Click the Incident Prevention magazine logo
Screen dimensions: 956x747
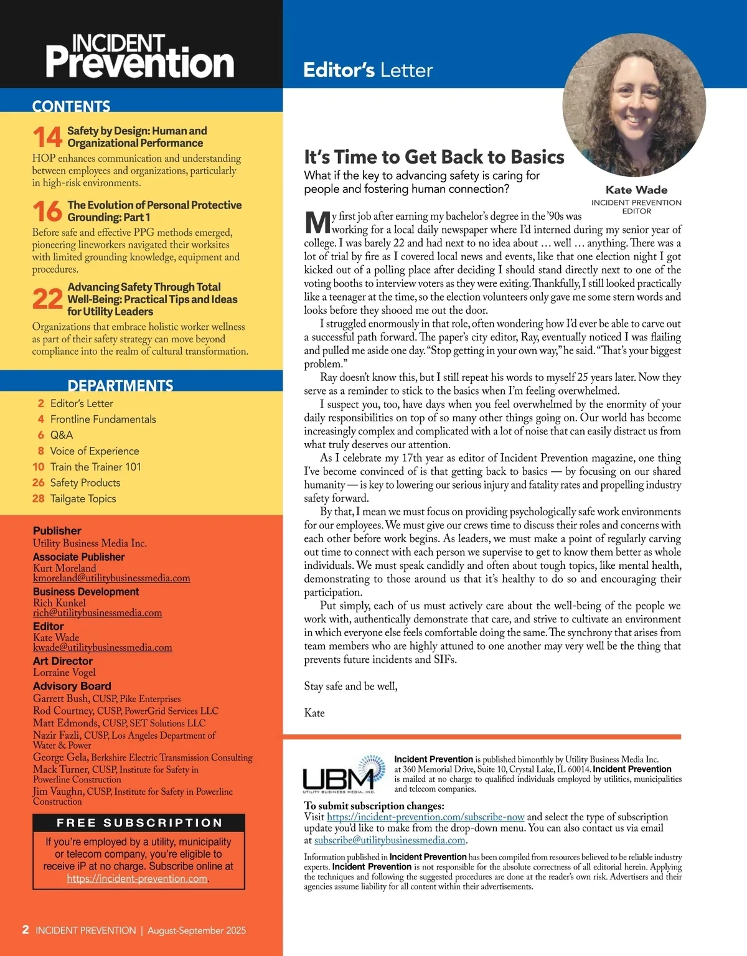coord(140,57)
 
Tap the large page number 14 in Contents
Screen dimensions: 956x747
coord(47,137)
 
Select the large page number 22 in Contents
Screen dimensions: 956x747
coord(47,299)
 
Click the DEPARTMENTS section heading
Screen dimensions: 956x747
coord(120,385)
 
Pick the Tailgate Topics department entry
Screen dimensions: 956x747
coord(83,499)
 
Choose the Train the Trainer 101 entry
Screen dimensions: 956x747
coord(95,467)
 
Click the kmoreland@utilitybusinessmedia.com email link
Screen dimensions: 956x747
coord(111,578)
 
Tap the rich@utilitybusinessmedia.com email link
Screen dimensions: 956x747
coord(97,613)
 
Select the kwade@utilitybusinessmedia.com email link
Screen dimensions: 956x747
coord(102,647)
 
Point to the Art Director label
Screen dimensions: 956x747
coord(63,661)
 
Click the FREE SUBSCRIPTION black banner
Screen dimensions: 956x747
coord(139,823)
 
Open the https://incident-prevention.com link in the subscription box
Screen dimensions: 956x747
coord(137,879)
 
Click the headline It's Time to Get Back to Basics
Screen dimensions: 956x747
coord(434,157)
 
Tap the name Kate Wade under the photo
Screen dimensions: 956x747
coord(636,190)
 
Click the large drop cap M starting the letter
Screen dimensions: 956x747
coord(317,223)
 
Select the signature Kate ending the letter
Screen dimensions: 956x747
coord(314,713)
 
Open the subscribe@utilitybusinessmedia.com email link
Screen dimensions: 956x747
coord(390,840)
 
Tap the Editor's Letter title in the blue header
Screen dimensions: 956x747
coord(368,70)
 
